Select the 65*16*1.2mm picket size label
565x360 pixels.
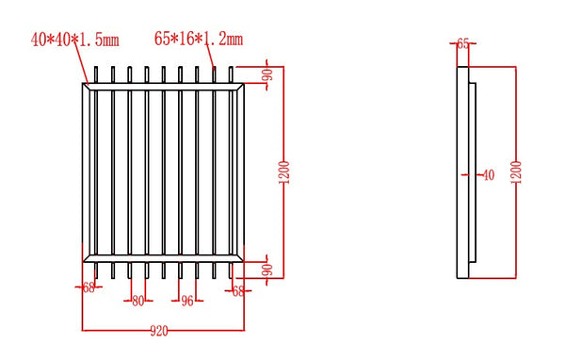(x=198, y=39)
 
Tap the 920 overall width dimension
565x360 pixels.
(x=160, y=331)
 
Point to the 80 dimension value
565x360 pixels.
(x=138, y=302)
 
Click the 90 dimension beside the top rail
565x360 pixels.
(x=266, y=75)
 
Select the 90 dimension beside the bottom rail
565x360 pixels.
(x=266, y=270)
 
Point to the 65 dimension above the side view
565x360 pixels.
(x=462, y=43)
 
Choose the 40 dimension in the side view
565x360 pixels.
(x=487, y=174)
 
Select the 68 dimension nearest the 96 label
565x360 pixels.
(x=237, y=291)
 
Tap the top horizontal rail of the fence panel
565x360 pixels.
(x=165, y=88)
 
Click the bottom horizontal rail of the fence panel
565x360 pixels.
(x=165, y=256)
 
